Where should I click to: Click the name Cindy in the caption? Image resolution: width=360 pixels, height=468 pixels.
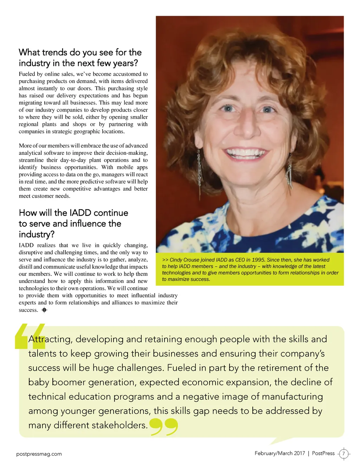(x=177, y=260)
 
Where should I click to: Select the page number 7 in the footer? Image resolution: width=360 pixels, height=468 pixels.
(x=344, y=454)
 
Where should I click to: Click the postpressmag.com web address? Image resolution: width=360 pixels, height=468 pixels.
(x=39, y=454)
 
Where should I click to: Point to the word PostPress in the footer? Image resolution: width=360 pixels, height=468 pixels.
(x=323, y=453)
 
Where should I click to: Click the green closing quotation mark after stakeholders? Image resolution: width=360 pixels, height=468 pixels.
(x=164, y=426)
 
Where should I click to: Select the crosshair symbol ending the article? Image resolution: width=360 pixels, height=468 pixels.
(x=44, y=310)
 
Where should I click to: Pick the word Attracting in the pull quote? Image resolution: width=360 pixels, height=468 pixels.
(x=50, y=339)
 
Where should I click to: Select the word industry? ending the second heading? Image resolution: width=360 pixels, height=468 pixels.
(x=37, y=234)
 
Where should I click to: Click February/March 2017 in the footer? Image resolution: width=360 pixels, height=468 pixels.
(x=279, y=453)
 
